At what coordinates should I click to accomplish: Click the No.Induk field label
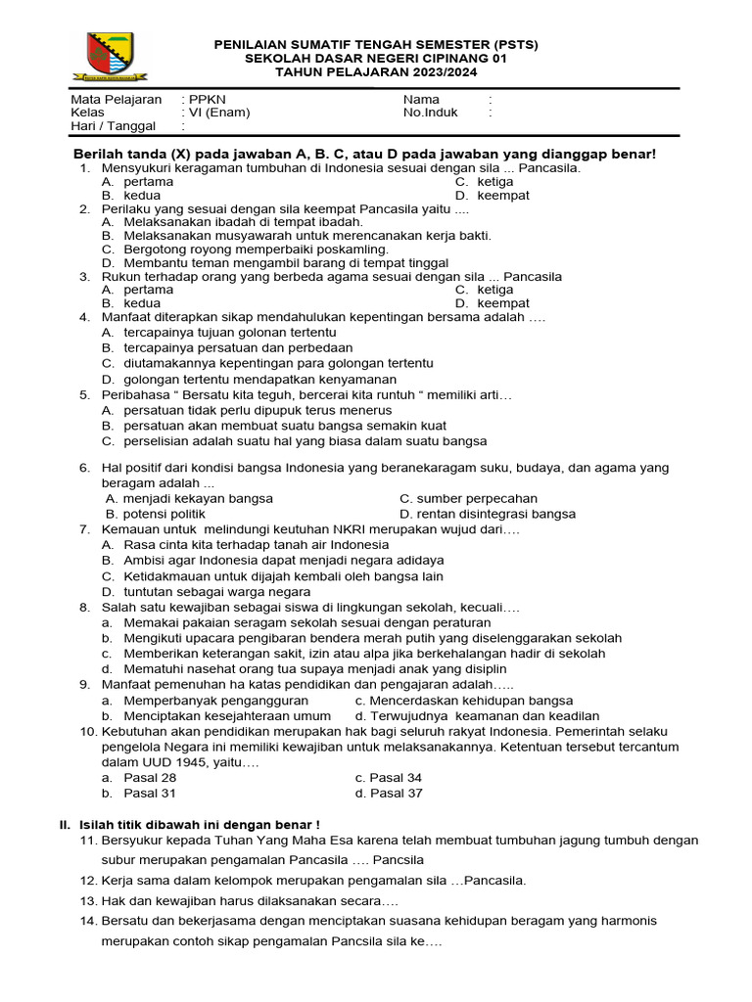click(431, 113)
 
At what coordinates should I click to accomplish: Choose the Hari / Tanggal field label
click(112, 126)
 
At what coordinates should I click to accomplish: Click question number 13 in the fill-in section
click(88, 900)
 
